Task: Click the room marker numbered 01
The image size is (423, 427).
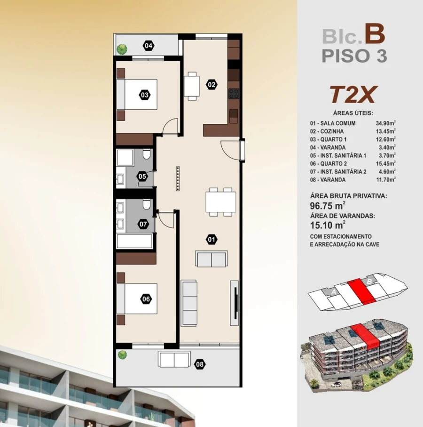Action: pos(211,240)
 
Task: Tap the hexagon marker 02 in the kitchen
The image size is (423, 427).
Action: pos(211,85)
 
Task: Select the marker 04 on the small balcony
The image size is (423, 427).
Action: pos(149,46)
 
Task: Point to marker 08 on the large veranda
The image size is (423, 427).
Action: pos(200,363)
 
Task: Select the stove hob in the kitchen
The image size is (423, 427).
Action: pos(234,93)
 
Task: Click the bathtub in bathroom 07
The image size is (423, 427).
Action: pos(134,241)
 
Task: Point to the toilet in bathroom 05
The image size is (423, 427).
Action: pos(146,155)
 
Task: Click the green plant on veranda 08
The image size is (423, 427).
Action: pos(122,354)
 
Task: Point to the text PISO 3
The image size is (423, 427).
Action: pos(354,56)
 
